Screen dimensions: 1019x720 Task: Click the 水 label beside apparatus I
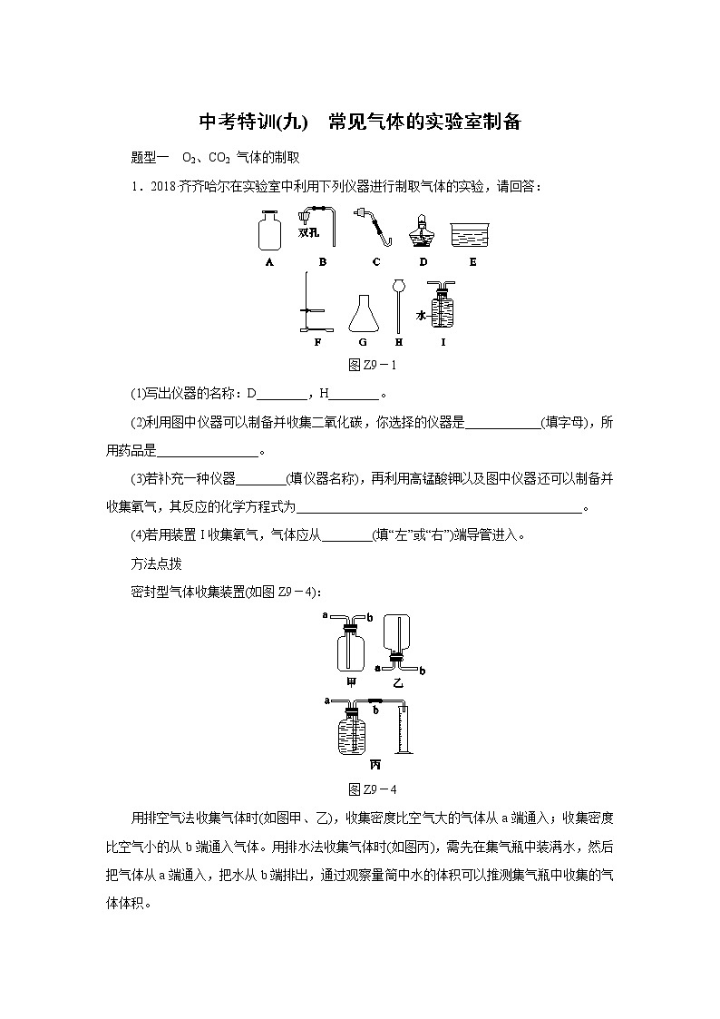click(422, 315)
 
